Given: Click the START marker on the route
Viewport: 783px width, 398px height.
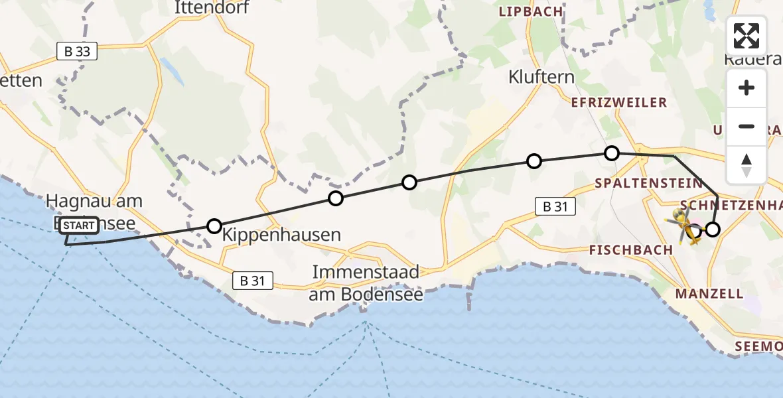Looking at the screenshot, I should tap(80, 226).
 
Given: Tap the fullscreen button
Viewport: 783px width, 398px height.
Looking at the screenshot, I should tap(747, 36).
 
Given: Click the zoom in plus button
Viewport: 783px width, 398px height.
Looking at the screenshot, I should tap(747, 88).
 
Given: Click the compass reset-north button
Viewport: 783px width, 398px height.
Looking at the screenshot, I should tap(747, 165).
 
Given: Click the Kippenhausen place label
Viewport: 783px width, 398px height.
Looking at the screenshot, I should tap(281, 235).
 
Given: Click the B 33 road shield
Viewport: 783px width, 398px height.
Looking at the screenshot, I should tap(77, 51).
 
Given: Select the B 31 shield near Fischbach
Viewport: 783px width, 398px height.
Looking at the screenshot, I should tap(555, 206).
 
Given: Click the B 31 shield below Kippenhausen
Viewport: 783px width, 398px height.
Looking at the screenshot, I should tap(253, 281).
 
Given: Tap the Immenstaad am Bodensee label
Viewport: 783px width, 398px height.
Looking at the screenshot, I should tap(366, 283).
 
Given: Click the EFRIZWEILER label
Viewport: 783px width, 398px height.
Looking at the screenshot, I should tap(619, 103).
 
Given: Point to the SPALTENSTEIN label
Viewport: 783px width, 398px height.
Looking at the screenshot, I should tap(648, 183).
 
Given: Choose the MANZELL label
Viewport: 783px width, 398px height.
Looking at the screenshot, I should tap(709, 293).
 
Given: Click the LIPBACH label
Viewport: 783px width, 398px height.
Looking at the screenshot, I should tap(530, 12).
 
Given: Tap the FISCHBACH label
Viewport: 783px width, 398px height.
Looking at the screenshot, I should tap(632, 250).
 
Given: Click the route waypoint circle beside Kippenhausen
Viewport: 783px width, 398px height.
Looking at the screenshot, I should tap(214, 226).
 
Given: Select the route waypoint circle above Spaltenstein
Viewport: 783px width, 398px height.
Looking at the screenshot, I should tap(612, 153).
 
